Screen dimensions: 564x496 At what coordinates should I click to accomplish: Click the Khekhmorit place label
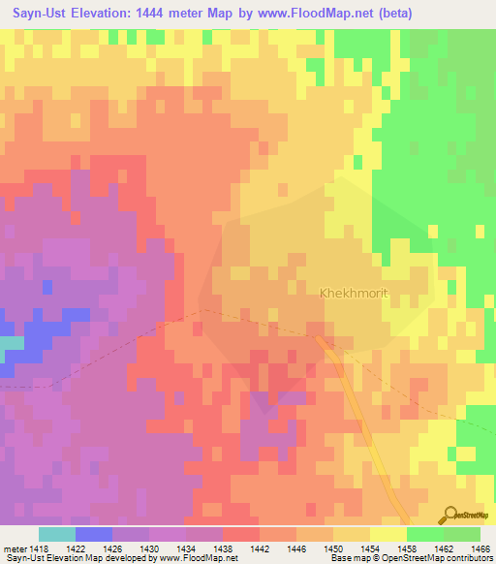(359, 292)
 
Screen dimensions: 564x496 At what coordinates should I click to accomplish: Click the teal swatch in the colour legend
(56, 534)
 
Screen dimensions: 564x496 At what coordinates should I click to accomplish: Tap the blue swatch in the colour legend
(93, 534)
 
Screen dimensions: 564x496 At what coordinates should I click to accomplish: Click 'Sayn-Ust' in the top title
(38, 14)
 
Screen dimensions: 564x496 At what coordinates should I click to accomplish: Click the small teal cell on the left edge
(12, 343)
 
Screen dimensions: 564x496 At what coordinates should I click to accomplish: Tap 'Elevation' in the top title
(107, 14)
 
